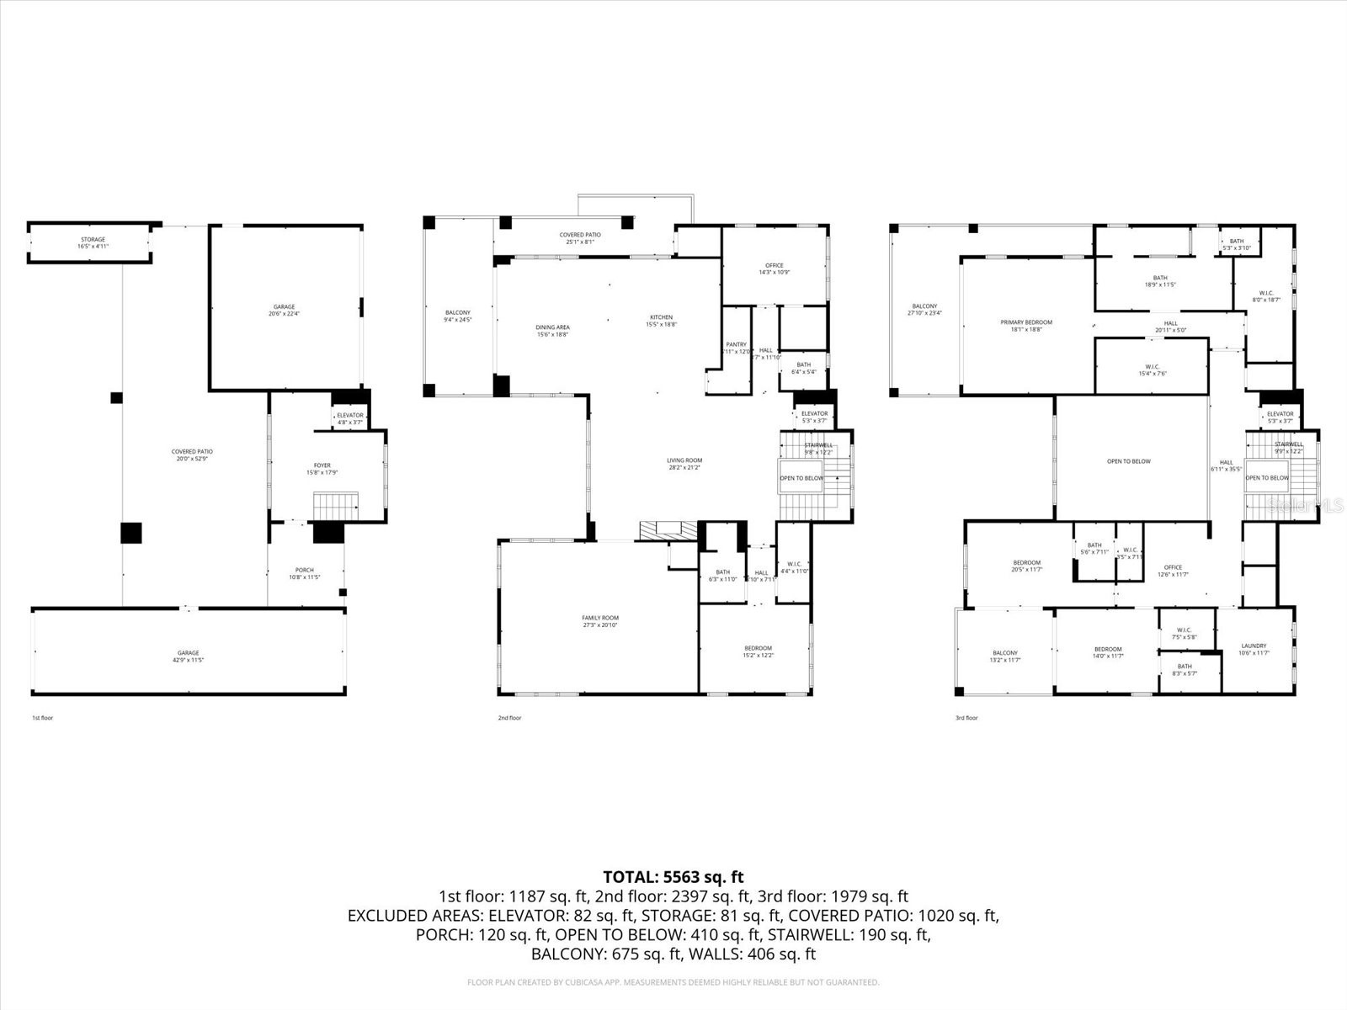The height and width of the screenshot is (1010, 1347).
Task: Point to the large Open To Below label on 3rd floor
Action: [x=1128, y=461]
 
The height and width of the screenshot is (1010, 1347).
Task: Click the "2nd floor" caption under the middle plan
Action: [x=509, y=718]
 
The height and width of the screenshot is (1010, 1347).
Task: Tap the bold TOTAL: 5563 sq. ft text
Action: [x=673, y=878]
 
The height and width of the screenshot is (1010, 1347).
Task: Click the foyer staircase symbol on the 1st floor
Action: [x=336, y=507]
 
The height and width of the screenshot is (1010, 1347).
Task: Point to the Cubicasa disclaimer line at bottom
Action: [x=673, y=982]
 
